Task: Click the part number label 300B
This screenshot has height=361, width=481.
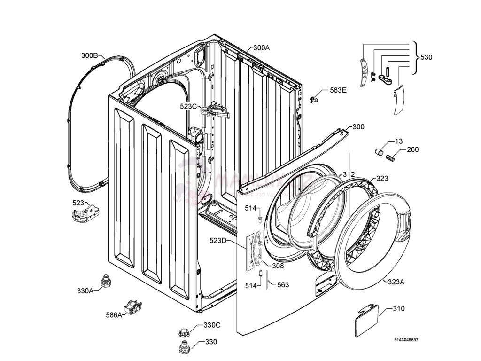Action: tap(89, 55)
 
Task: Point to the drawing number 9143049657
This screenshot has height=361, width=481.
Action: tap(406, 339)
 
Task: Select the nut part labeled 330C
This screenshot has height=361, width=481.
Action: tap(183, 332)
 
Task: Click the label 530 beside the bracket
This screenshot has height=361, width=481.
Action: tap(426, 57)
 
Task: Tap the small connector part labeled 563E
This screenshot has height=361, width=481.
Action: tap(315, 99)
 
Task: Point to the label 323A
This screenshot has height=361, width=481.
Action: tap(396, 282)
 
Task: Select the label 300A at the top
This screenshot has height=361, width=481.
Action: tap(261, 47)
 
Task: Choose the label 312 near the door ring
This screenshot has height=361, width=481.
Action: tap(348, 174)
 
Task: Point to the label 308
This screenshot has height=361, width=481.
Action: tap(278, 266)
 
